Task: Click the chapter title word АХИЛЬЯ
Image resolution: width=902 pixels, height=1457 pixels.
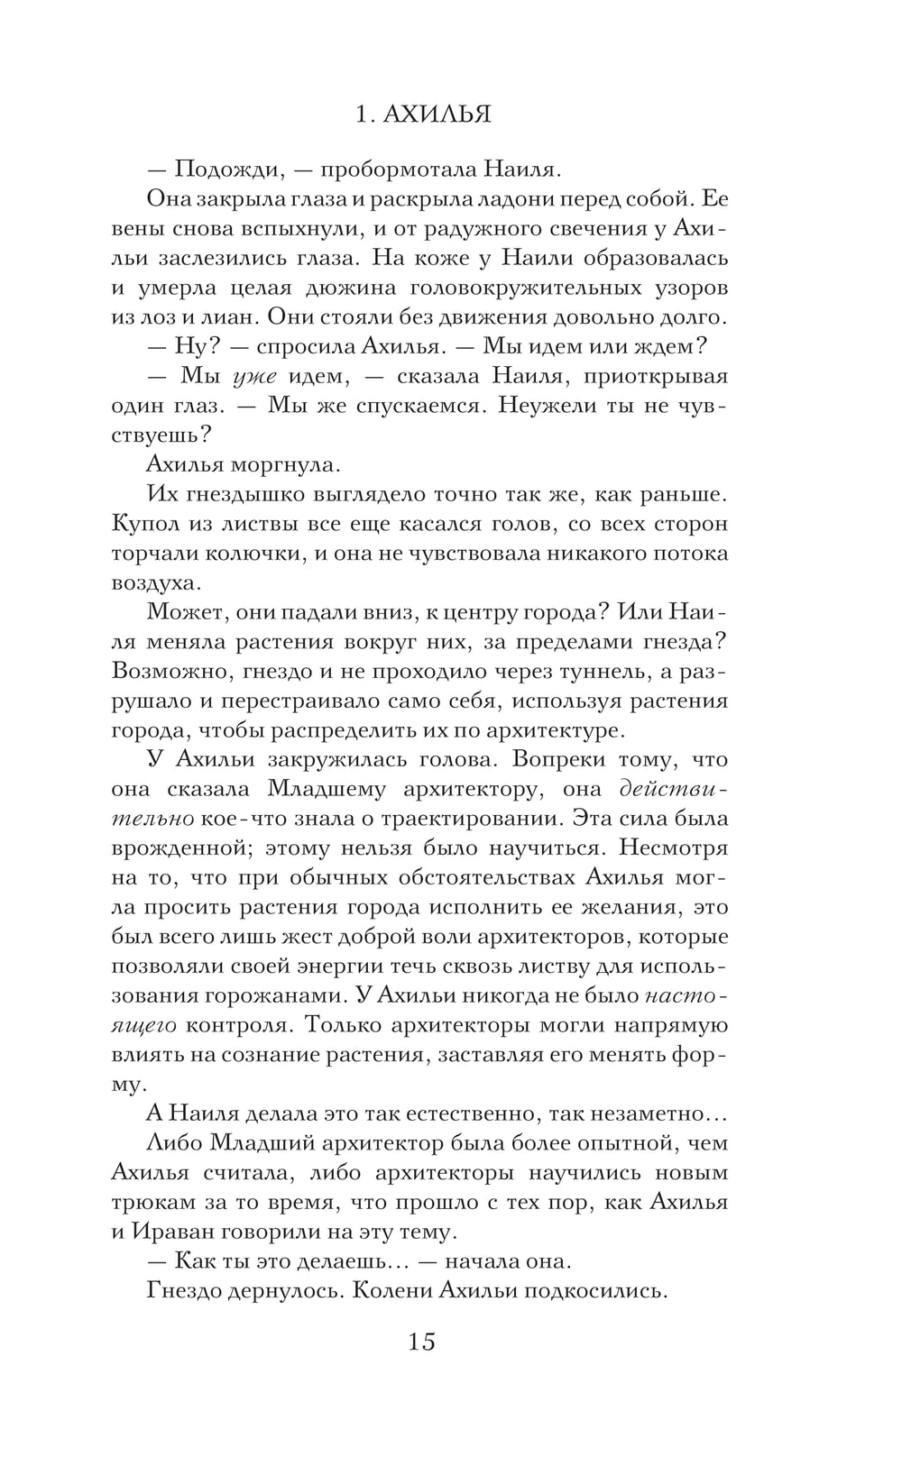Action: click(437, 115)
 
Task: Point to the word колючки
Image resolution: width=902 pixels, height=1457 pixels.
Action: click(255, 553)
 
